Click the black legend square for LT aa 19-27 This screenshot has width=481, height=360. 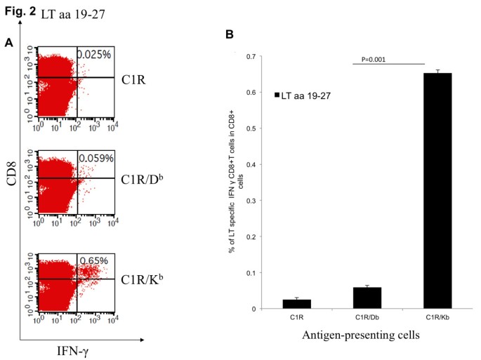pyautogui.click(x=279, y=93)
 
